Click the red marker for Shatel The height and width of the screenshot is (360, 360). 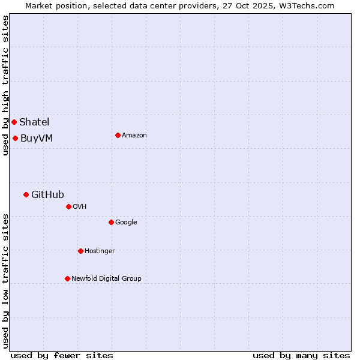click(x=14, y=122)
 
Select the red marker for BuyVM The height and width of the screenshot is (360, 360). click(x=15, y=138)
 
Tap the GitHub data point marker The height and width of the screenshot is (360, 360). click(x=26, y=194)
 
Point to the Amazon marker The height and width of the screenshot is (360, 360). click(x=118, y=135)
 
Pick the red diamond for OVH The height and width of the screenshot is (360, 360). click(x=68, y=206)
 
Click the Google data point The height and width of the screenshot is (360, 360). click(x=111, y=222)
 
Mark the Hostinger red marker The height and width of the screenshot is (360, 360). click(x=80, y=251)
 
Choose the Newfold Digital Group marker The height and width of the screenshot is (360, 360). click(x=67, y=278)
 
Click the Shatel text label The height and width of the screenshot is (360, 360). click(x=34, y=122)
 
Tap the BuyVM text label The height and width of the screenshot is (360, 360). click(x=37, y=138)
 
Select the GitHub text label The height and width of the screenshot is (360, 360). click(x=47, y=194)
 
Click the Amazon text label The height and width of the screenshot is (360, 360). click(x=134, y=135)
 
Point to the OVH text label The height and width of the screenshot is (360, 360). click(x=80, y=206)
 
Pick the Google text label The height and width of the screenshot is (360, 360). click(x=126, y=222)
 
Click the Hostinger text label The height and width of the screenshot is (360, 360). click(x=100, y=251)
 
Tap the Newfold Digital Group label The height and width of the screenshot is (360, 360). click(x=106, y=278)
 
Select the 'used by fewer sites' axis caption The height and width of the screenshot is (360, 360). click(x=62, y=355)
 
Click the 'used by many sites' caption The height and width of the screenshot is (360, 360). click(x=301, y=355)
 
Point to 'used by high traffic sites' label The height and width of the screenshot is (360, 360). click(x=5, y=85)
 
